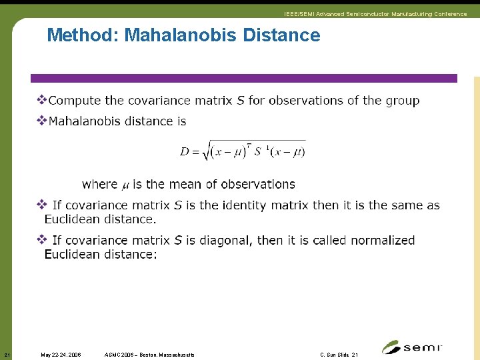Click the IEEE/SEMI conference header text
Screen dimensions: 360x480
(x=375, y=14)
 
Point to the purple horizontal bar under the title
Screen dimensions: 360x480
(x=247, y=78)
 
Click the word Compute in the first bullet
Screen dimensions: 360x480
(x=74, y=101)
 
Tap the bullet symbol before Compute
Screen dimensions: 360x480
(x=41, y=101)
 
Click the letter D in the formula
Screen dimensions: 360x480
(x=185, y=152)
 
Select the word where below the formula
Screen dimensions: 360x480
(x=99, y=184)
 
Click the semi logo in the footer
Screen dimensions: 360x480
(x=412, y=347)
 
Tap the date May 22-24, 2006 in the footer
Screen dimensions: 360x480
(x=61, y=355)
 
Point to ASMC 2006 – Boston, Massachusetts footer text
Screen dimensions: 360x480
(x=150, y=355)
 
